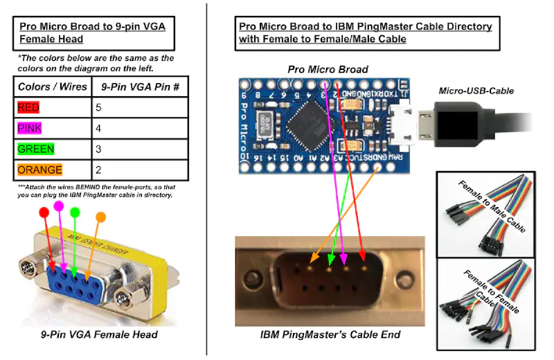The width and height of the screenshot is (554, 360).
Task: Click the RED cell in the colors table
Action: click(29, 107)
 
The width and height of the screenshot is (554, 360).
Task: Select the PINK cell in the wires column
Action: click(30, 129)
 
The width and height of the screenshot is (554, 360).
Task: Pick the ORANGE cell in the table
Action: click(39, 170)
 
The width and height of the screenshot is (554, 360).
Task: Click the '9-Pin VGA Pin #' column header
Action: click(140, 87)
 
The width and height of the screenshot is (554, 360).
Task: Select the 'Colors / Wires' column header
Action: click(53, 87)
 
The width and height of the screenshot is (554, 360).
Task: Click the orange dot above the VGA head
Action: click(101, 217)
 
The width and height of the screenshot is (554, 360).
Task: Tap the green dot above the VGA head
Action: click(75, 212)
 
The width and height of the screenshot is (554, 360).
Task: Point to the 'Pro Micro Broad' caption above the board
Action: click(328, 70)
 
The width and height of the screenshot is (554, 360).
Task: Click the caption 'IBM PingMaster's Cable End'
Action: click(330, 335)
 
